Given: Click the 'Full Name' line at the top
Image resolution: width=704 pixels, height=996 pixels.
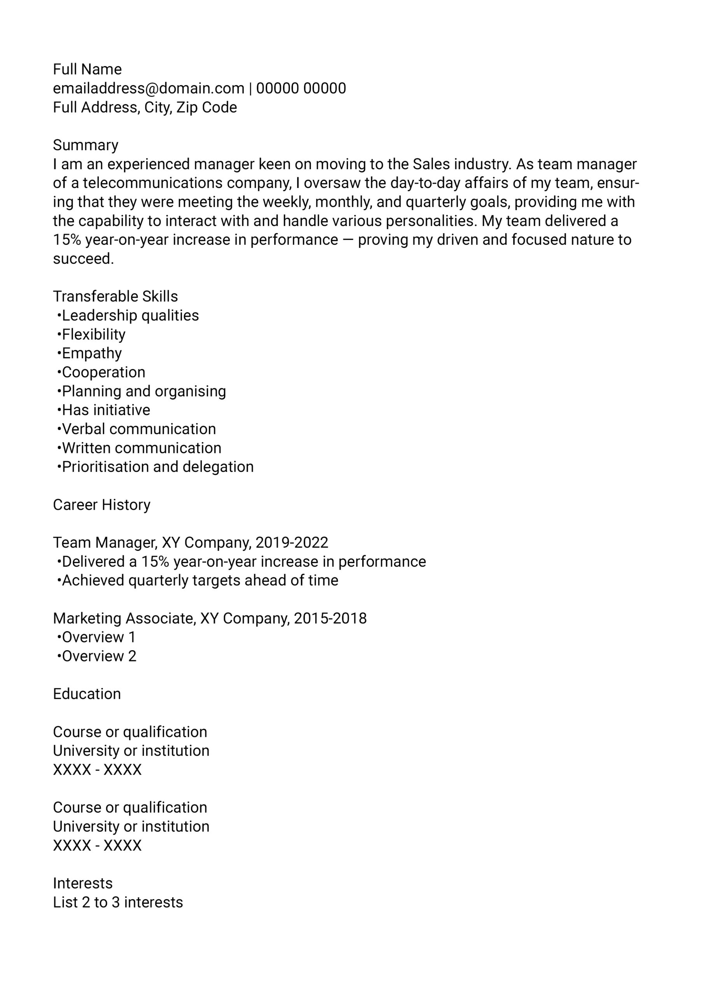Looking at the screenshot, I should pos(87,69).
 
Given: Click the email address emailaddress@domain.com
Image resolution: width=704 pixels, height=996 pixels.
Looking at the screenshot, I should pos(148,88).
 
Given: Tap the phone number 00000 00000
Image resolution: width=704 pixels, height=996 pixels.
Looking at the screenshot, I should pos(301,88).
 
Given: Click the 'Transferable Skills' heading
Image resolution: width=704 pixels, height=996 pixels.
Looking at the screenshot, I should pos(116,296).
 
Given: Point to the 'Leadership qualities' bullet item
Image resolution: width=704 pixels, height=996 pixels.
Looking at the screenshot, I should pos(130,316).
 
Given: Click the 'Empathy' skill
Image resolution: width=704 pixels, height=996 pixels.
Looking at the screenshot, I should pos(91,353).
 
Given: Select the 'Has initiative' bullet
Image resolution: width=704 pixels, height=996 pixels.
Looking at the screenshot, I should pos(106,410).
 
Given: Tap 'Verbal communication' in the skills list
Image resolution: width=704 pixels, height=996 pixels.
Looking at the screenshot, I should pos(139,429).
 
